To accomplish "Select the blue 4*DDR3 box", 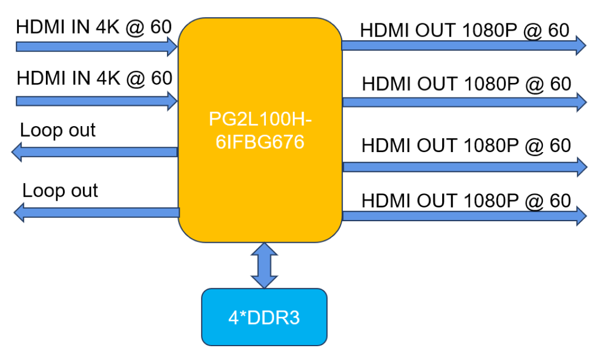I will [x=264, y=317].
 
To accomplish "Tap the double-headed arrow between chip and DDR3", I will [x=264, y=265].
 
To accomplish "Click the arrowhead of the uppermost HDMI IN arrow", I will [x=171, y=46].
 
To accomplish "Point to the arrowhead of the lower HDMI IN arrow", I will [x=171, y=101].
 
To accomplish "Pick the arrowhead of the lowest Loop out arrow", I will [x=20, y=212].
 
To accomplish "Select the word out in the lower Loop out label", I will [x=82, y=191].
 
